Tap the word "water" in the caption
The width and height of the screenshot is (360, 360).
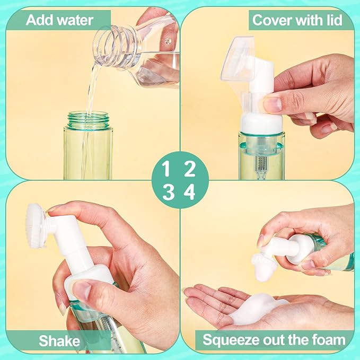click(x=75, y=20)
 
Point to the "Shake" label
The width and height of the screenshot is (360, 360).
click(x=59, y=341)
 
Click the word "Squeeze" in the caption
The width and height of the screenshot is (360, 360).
click(x=231, y=340)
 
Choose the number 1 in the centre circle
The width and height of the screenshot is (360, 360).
click(x=166, y=169)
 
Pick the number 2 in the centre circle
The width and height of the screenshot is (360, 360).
click(x=189, y=169)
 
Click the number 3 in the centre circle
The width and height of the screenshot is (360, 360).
click(x=168, y=192)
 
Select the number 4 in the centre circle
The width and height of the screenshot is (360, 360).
click(x=189, y=192)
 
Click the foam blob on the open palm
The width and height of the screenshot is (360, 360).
click(x=255, y=308)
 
